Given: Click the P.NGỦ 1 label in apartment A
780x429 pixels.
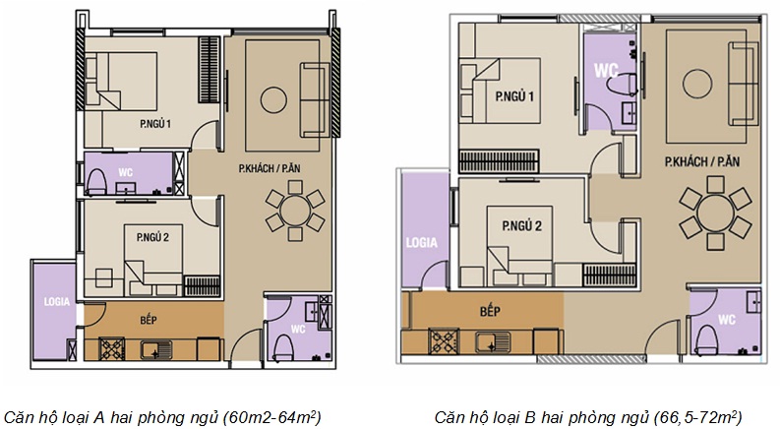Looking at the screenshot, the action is click(x=155, y=124).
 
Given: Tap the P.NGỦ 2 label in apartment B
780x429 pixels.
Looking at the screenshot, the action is click(x=522, y=226).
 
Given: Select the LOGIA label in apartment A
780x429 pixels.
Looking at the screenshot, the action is click(x=57, y=302).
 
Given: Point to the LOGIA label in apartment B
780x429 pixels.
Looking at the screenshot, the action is click(x=421, y=243).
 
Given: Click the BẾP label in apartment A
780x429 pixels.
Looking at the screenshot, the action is click(x=149, y=319).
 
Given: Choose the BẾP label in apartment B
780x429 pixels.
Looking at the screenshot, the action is click(x=490, y=312).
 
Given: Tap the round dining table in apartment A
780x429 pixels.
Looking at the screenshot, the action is click(x=295, y=211).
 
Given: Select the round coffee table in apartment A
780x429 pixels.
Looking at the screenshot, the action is click(x=273, y=100).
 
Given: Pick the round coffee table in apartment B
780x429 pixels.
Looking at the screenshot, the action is click(x=697, y=83).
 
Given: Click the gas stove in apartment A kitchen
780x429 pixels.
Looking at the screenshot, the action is click(x=112, y=349).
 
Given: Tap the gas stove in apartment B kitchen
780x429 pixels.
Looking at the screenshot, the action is click(x=444, y=341).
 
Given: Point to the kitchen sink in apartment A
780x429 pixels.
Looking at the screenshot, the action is click(x=155, y=349).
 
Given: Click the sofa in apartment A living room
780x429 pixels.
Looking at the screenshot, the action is click(x=315, y=99).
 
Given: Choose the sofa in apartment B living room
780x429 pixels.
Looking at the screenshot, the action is click(x=745, y=83).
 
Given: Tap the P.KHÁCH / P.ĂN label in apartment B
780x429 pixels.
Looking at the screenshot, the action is click(x=702, y=161).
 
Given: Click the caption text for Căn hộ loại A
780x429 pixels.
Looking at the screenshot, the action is click(x=162, y=416).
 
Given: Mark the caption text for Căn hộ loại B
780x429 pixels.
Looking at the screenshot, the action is click(x=588, y=416).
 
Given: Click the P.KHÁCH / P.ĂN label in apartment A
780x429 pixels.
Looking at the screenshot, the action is click(x=270, y=168).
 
